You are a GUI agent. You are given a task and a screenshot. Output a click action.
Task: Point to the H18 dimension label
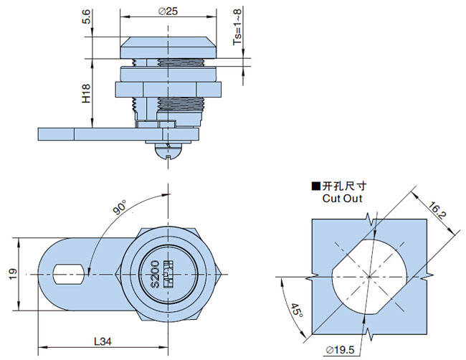point(86,93)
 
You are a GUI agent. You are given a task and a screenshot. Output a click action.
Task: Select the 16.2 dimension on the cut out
point(437,213)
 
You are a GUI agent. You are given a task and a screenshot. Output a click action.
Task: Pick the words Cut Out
point(342,199)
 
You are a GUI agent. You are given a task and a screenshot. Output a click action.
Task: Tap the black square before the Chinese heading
point(315,186)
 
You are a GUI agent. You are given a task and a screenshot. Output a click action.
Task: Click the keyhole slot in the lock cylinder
point(168,273)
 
